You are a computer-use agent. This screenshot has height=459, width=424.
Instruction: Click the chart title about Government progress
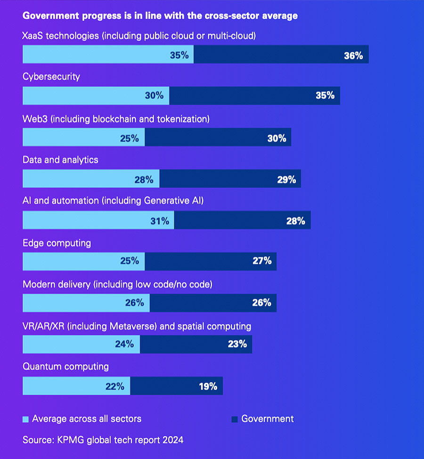pyautogui.click(x=160, y=16)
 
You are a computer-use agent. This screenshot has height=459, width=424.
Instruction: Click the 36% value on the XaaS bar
pyautogui.click(x=353, y=56)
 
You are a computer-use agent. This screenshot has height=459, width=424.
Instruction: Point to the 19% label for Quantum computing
pyautogui.click(x=208, y=386)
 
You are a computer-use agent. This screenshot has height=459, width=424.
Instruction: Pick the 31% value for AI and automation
pyautogui.click(x=160, y=220)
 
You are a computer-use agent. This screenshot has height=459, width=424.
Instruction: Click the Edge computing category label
pyautogui.click(x=57, y=243)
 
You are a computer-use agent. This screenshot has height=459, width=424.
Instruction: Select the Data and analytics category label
pyautogui.click(x=60, y=160)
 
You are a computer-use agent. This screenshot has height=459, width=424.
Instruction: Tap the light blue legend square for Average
pyautogui.click(x=25, y=419)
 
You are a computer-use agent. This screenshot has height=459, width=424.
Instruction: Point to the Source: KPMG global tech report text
pyautogui.click(x=103, y=440)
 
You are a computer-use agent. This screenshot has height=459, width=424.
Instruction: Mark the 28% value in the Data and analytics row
pyautogui.click(x=144, y=179)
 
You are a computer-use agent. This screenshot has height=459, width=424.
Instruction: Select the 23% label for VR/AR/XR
pyautogui.click(x=237, y=344)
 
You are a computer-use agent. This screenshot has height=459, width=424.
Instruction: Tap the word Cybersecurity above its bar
pyautogui.click(x=51, y=77)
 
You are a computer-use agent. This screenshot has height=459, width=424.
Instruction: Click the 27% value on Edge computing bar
pyautogui.click(x=262, y=261)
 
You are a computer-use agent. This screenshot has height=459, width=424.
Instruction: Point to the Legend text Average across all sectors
pyautogui.click(x=87, y=419)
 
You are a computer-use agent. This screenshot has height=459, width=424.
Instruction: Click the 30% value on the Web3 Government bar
pyautogui.click(x=277, y=138)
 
